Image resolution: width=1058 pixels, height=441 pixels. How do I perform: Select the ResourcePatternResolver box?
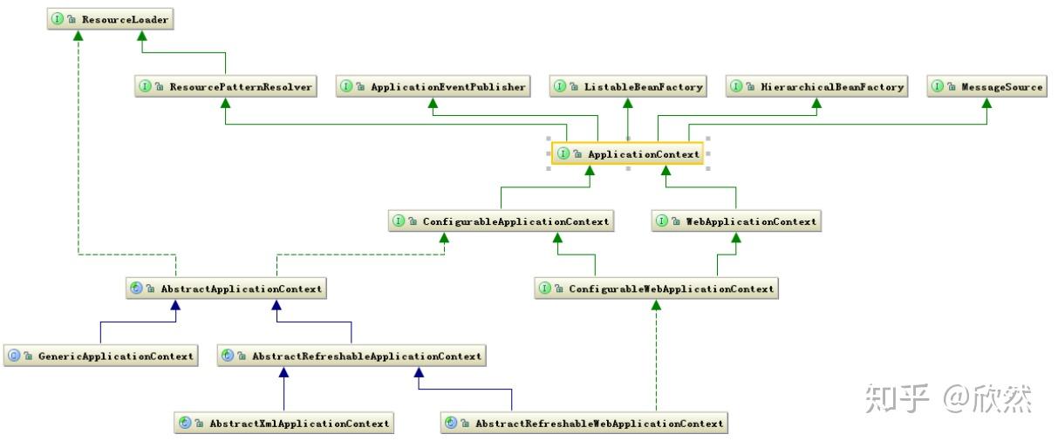click(x=226, y=86)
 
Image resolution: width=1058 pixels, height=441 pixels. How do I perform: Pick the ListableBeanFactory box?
click(x=627, y=86)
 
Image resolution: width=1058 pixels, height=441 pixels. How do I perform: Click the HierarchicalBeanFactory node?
click(x=816, y=86)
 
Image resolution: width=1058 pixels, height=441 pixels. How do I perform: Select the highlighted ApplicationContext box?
click(x=628, y=154)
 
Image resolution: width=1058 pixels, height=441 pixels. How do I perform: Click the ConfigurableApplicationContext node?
click(x=502, y=221)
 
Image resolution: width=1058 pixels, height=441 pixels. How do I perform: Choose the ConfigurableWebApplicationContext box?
click(x=656, y=288)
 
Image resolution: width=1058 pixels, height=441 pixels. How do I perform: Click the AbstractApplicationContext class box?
click(x=226, y=288)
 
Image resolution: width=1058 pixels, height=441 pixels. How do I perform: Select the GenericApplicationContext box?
click(x=100, y=356)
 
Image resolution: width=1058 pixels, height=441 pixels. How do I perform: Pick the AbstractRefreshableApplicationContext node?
click(x=351, y=356)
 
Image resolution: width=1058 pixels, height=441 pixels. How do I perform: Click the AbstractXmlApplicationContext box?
click(x=284, y=423)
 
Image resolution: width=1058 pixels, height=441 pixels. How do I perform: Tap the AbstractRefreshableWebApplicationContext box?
click(x=584, y=423)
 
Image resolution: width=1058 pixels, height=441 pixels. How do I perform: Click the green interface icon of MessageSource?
click(x=938, y=86)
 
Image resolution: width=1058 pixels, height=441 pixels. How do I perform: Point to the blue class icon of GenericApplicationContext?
click(x=14, y=356)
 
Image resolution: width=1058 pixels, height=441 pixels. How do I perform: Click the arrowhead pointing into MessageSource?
click(x=987, y=103)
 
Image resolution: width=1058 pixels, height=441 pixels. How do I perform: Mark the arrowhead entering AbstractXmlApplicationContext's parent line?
click(x=284, y=372)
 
